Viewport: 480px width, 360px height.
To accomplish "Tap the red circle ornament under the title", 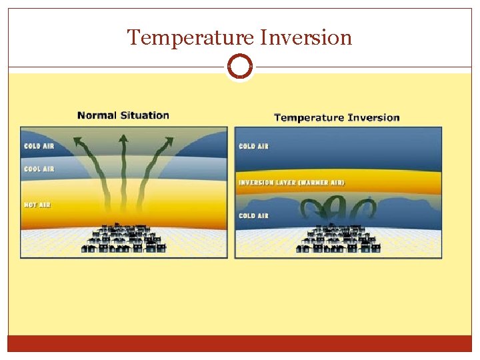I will pos(239,67).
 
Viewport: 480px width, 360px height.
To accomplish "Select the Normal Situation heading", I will pos(123,115).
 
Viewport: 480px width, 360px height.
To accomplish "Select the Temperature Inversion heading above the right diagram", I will pos(337,118).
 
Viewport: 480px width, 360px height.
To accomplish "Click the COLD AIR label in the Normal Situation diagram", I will pos(39,146).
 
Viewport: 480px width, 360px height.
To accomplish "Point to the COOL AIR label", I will pos(39,169).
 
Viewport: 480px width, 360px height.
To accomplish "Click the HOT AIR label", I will pos(37,205).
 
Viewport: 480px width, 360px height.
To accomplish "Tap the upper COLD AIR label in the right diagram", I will pos(253,146).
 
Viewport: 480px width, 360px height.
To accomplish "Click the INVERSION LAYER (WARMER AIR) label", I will pos(291,183).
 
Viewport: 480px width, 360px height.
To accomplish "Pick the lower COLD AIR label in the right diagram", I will pos(253,216).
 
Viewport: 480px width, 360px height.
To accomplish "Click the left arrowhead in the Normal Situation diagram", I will pos(79,142).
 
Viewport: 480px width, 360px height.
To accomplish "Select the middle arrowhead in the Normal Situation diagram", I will pos(123,139).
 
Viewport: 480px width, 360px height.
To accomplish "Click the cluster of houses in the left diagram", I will pos(124,239).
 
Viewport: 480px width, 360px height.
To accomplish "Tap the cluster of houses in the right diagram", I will pos(339,239).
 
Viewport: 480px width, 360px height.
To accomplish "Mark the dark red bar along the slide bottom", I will pos(239,343).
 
